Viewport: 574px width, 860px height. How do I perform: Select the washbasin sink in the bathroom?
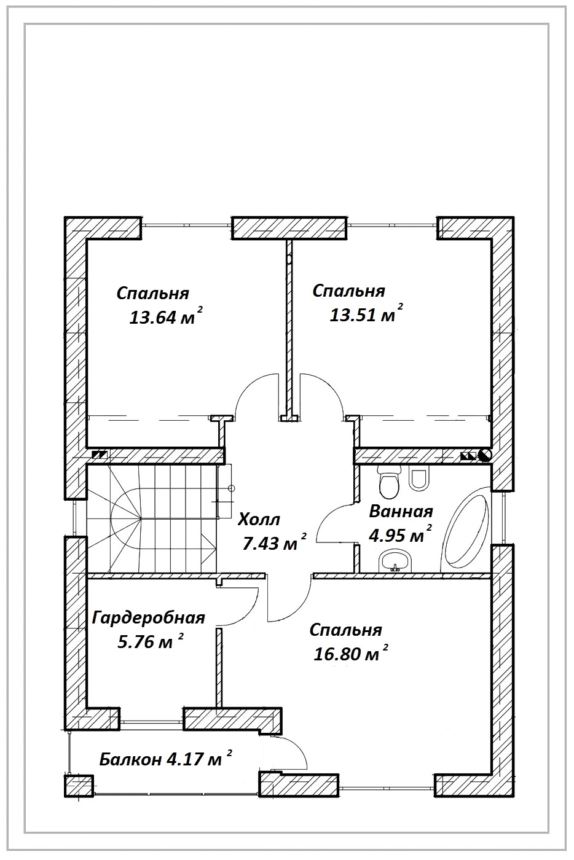pos(395,560)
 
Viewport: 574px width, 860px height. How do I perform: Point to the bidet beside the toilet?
pos(419,478)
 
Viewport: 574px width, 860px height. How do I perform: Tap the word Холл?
pos(259,520)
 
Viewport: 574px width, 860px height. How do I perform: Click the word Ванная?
pos(401,512)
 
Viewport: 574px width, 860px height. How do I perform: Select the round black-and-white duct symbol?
pos(486,456)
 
